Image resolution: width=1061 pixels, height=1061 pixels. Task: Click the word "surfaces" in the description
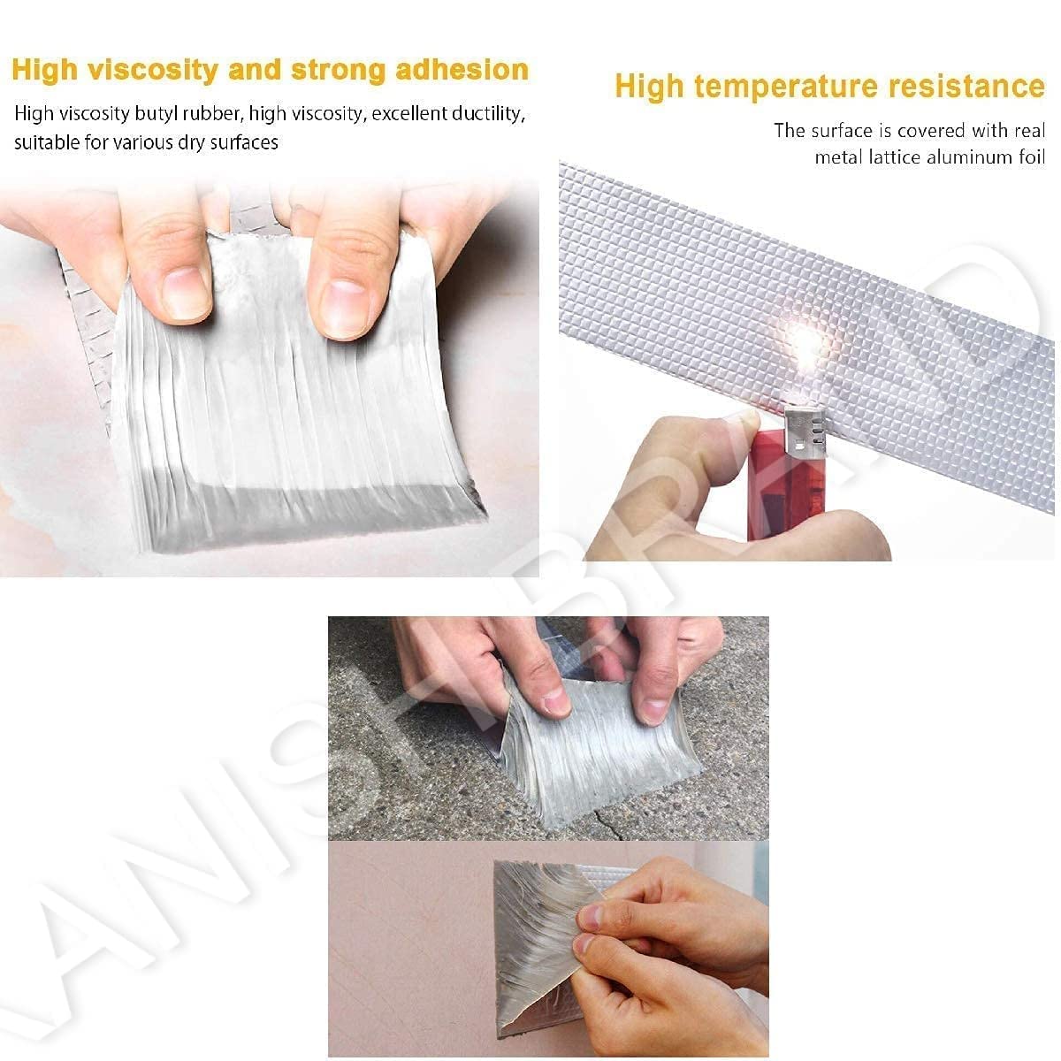click(242, 141)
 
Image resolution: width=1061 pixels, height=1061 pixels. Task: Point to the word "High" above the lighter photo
click(650, 87)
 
